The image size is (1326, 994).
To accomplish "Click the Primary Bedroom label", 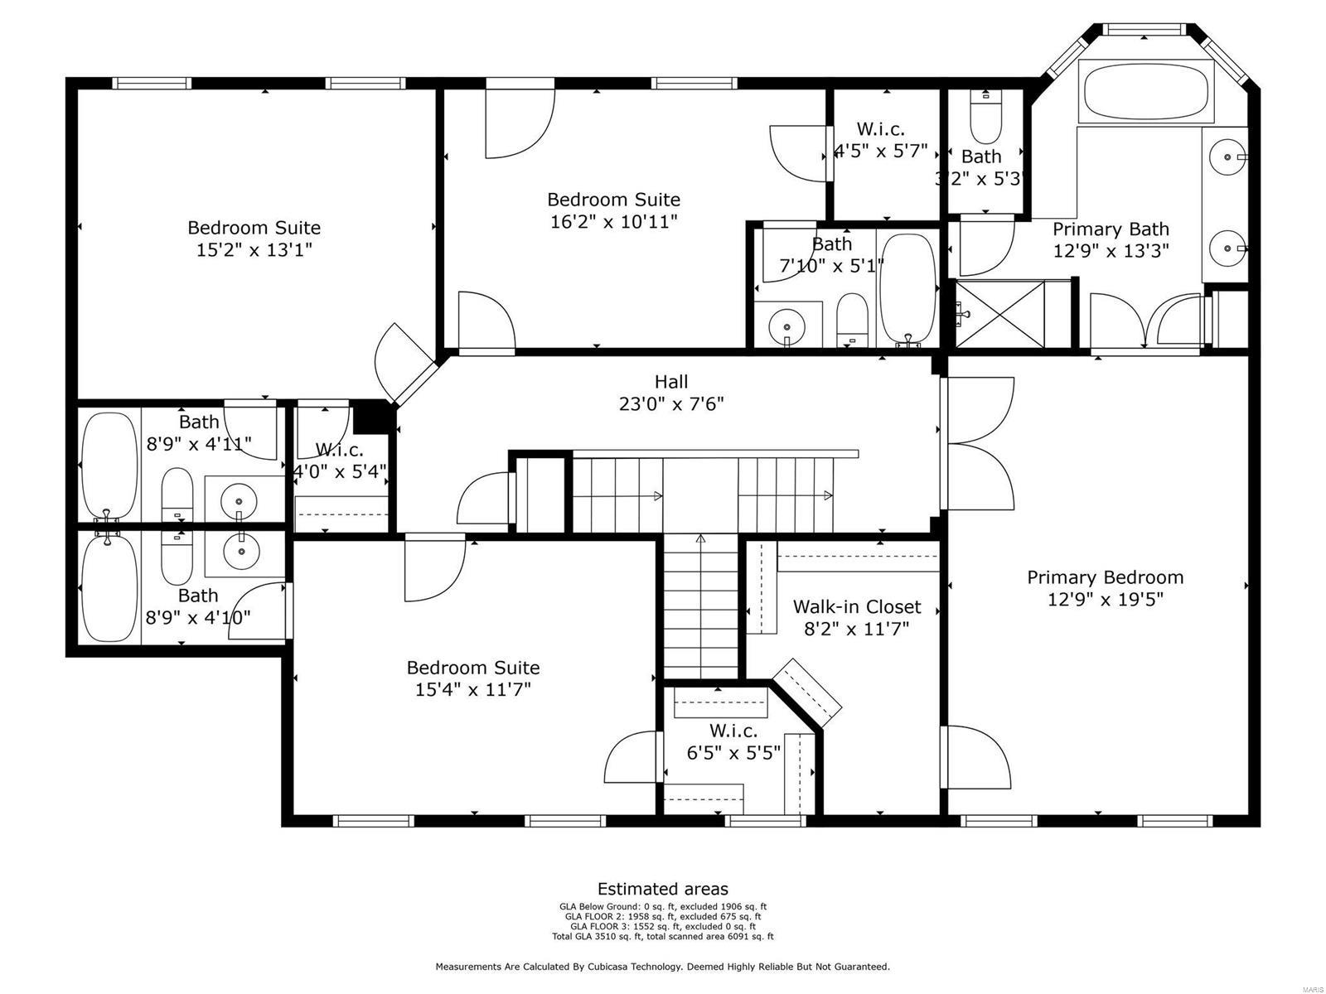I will click(1105, 577).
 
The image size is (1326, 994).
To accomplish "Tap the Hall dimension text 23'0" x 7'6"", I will click(671, 404).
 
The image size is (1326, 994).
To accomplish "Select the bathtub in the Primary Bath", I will click(1146, 92).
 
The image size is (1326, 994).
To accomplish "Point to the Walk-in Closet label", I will click(856, 606).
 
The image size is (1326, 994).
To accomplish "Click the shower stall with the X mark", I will click(1000, 314).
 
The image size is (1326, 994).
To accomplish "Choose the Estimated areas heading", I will click(662, 890).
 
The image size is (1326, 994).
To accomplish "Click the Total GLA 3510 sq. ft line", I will click(662, 937).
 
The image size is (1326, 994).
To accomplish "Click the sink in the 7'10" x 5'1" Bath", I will click(786, 326).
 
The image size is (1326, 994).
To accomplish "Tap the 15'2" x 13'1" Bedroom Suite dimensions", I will click(254, 249).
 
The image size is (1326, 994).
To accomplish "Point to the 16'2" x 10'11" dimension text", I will click(613, 222).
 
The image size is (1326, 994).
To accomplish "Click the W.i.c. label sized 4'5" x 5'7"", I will click(880, 129).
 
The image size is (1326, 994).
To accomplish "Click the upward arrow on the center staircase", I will click(700, 540).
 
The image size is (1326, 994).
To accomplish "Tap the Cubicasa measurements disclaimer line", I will click(662, 967).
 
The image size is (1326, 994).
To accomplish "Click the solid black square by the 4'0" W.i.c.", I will click(370, 417).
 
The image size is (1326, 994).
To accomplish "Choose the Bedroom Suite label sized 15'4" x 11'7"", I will click(472, 668).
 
